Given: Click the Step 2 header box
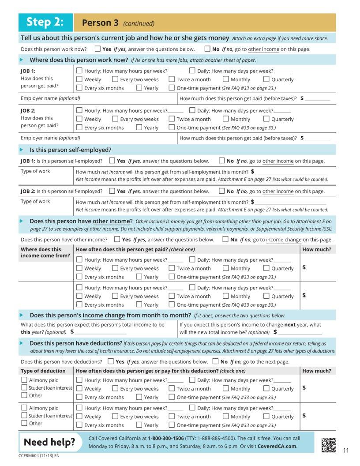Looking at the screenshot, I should click(x=44, y=22).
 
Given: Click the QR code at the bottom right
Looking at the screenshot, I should click(x=329, y=444).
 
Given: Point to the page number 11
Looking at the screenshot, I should click(x=345, y=451).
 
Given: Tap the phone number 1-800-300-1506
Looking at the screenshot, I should click(x=166, y=438).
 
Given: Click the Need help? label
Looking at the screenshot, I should click(x=49, y=442).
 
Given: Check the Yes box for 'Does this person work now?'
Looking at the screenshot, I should click(x=97, y=49).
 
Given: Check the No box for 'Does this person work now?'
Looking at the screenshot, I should click(x=207, y=49).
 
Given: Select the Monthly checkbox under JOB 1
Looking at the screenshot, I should click(x=225, y=79).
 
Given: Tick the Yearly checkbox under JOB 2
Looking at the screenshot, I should click(x=139, y=128).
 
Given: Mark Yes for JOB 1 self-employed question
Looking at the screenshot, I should click(x=112, y=161).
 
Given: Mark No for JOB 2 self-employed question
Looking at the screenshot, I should click(x=222, y=191).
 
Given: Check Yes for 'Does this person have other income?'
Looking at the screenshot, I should click(x=117, y=239).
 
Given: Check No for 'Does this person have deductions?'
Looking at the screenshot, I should click(x=215, y=361).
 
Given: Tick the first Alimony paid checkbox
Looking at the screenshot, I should click(x=24, y=380).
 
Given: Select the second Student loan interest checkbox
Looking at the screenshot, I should click(x=24, y=415).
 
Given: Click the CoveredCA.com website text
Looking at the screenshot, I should click(x=277, y=446).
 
